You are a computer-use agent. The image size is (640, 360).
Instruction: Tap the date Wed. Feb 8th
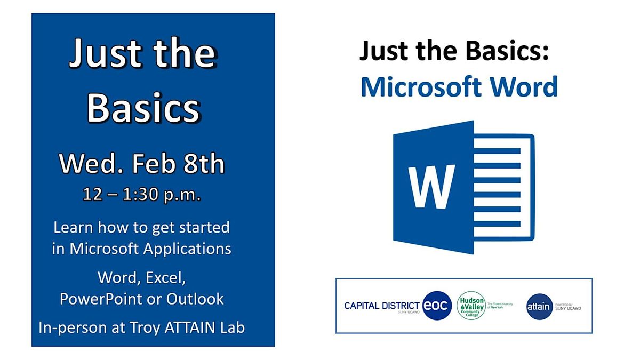pyautogui.click(x=141, y=164)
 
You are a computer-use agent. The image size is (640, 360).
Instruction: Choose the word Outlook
pyautogui.click(x=195, y=299)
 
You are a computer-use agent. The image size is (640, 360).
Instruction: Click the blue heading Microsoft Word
pyautogui.click(x=459, y=86)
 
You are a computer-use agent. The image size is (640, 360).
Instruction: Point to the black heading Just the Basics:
pyautogui.click(x=454, y=52)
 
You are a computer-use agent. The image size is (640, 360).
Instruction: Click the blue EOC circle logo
pyautogui.click(x=437, y=306)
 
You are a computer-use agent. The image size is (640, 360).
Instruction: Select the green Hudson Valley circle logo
pyautogui.click(x=471, y=306)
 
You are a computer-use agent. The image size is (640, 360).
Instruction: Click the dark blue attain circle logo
pyautogui.click(x=539, y=307)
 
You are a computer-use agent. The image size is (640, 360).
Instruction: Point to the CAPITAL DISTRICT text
pyautogui.click(x=381, y=306)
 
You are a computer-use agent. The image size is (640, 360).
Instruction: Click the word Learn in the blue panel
pyautogui.click(x=73, y=228)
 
